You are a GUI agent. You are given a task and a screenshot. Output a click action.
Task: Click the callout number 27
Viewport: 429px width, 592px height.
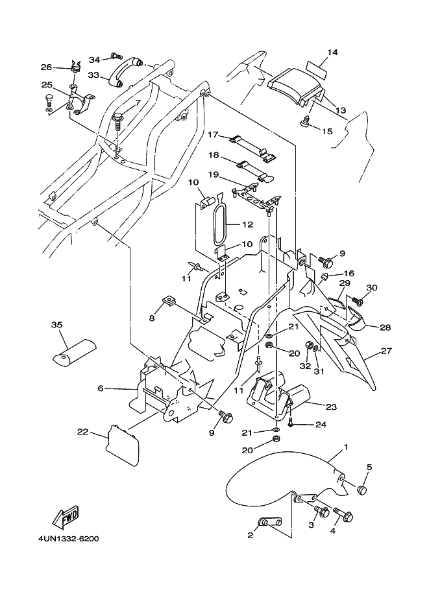pos(386,351)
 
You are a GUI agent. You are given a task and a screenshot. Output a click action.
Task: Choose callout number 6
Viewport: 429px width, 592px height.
pos(101,388)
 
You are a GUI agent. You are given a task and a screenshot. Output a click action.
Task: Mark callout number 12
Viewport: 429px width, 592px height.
pos(247,224)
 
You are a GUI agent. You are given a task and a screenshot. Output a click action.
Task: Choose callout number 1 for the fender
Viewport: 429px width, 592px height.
pos(346,447)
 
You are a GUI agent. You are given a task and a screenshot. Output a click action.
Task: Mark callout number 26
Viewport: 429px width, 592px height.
pos(46,67)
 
